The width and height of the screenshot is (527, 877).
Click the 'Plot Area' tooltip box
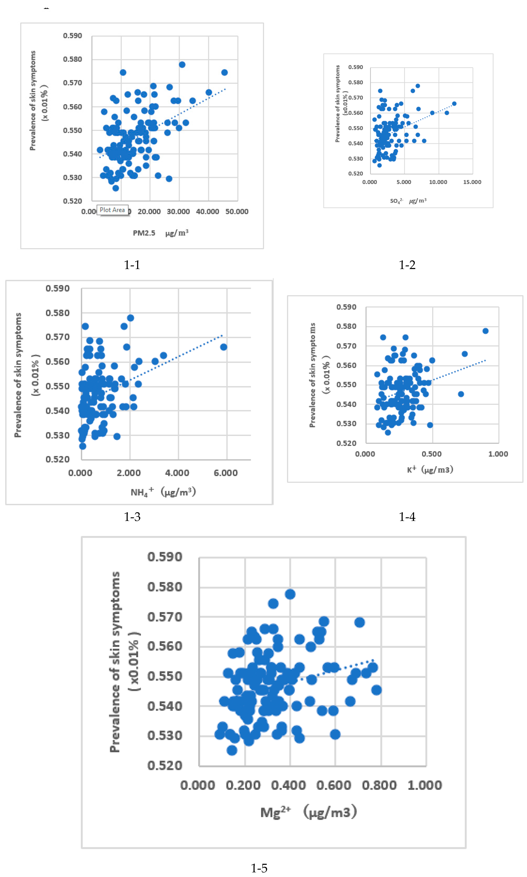(x=112, y=210)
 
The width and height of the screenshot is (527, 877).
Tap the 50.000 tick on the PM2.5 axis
(x=237, y=212)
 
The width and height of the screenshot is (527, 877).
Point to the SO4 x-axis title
(x=408, y=201)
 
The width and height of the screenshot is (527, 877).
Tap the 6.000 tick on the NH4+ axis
(x=225, y=473)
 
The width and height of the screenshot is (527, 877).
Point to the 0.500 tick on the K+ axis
(x=431, y=454)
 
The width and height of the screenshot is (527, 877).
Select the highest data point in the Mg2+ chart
(x=290, y=594)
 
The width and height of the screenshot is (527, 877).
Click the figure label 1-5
(x=259, y=868)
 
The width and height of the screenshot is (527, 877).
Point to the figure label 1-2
(x=407, y=265)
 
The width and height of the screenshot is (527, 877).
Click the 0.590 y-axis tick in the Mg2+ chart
(x=165, y=557)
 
